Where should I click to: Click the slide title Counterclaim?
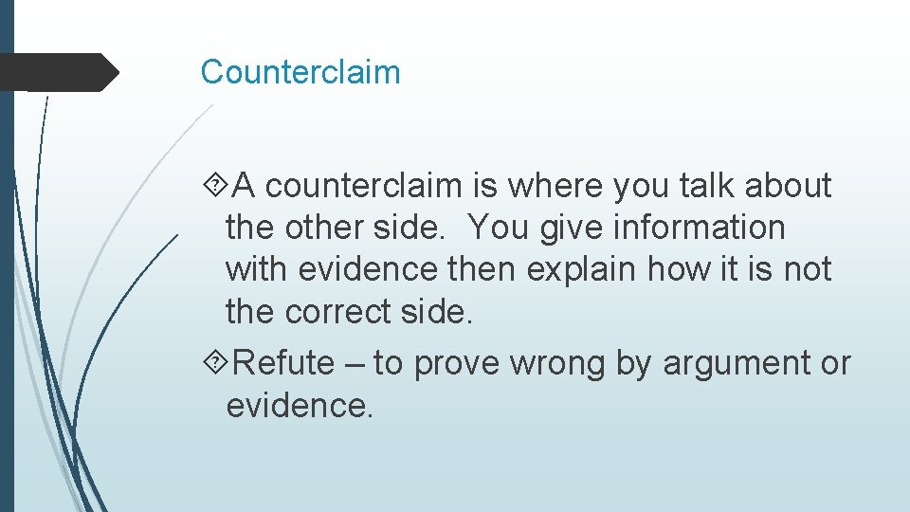point(300,72)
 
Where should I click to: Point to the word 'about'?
point(788,187)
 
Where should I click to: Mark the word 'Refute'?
point(283,363)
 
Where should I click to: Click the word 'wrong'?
point(556,364)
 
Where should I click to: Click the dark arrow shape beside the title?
point(62,72)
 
